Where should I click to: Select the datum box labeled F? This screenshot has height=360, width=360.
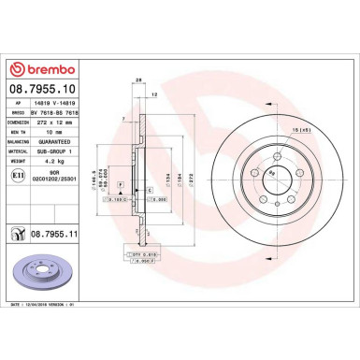[x=148, y=266]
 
